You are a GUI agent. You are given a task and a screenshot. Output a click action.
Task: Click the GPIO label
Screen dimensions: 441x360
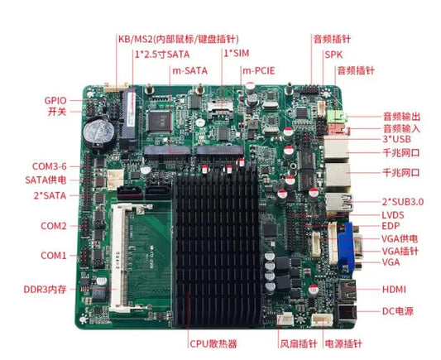click(55, 100)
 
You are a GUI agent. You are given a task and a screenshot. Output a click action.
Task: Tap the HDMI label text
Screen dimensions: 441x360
click(394, 290)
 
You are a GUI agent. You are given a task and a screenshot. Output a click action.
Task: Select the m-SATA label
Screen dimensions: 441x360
click(189, 70)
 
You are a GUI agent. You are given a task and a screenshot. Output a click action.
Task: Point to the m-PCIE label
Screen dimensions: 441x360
click(258, 70)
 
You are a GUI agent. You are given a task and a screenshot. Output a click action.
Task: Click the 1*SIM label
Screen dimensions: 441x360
click(237, 53)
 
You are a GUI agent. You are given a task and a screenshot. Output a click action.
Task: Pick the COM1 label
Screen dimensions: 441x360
click(54, 256)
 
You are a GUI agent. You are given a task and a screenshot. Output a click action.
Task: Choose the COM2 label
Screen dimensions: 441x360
click(54, 226)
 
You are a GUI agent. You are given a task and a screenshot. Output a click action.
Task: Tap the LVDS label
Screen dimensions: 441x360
click(393, 215)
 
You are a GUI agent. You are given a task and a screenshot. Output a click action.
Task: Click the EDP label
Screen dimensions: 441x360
click(391, 226)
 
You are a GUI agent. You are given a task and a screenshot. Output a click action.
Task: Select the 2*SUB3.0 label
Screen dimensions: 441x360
click(403, 202)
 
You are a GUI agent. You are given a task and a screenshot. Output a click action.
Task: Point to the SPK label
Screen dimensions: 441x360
click(333, 55)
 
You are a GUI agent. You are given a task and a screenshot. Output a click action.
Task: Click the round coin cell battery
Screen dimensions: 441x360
click(98, 132)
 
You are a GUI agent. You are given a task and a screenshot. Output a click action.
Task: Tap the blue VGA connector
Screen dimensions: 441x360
click(347, 247)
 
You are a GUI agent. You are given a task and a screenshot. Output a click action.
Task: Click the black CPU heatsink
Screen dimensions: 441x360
click(217, 249)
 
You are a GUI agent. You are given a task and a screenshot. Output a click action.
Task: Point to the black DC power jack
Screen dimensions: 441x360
click(347, 313)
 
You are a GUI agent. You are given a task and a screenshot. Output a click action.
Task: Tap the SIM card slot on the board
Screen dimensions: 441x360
click(220, 108)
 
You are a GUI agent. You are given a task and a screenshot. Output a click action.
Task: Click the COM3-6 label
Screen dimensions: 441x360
click(50, 166)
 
